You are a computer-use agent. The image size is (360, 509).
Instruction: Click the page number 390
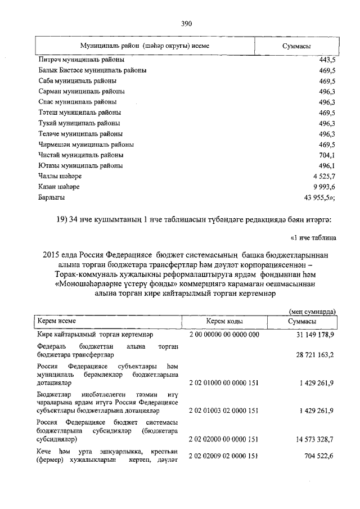[186, 24]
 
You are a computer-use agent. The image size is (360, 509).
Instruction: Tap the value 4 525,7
[323, 177]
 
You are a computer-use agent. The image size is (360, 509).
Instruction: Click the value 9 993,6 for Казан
[323, 187]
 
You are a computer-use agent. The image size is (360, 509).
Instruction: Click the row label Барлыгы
[52, 198]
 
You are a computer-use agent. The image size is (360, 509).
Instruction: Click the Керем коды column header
[224, 321]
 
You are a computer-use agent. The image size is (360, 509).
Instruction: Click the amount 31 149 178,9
[312, 335]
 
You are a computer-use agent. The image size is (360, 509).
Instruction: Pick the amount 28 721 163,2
[312, 355]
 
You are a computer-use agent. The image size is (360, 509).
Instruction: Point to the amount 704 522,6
[315, 456]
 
